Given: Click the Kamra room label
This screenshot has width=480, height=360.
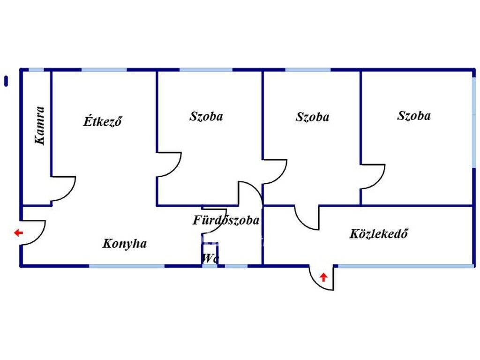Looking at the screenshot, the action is tap(40, 125).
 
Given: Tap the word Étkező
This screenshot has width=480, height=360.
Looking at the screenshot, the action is tap(102, 121).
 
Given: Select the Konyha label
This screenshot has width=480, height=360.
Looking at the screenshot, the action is tap(124, 244).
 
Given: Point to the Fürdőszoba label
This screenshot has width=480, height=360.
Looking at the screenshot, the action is tap(226, 220).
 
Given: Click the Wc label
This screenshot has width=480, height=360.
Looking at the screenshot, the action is tap(210, 258).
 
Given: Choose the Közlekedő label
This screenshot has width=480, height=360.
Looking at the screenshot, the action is tap(378, 233).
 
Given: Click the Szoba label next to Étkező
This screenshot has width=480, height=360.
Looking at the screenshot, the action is tap(206, 116).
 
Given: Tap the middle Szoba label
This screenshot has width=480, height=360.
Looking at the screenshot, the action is tap(312, 117).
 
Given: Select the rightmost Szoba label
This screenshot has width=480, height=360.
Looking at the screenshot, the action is tap(414, 116).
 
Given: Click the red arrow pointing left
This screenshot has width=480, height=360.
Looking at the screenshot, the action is tap(19, 233).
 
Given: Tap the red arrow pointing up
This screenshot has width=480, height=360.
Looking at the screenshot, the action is tap(323, 277).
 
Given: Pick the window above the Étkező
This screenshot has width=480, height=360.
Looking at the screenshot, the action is tap(104, 70).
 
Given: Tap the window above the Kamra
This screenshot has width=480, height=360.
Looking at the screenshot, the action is tap(36, 70).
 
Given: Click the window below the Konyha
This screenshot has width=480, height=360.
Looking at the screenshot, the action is tap(127, 266).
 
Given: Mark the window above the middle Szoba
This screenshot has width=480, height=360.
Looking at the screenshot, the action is tap(308, 70).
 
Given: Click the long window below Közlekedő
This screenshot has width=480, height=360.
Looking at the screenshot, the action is tap(406, 266).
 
